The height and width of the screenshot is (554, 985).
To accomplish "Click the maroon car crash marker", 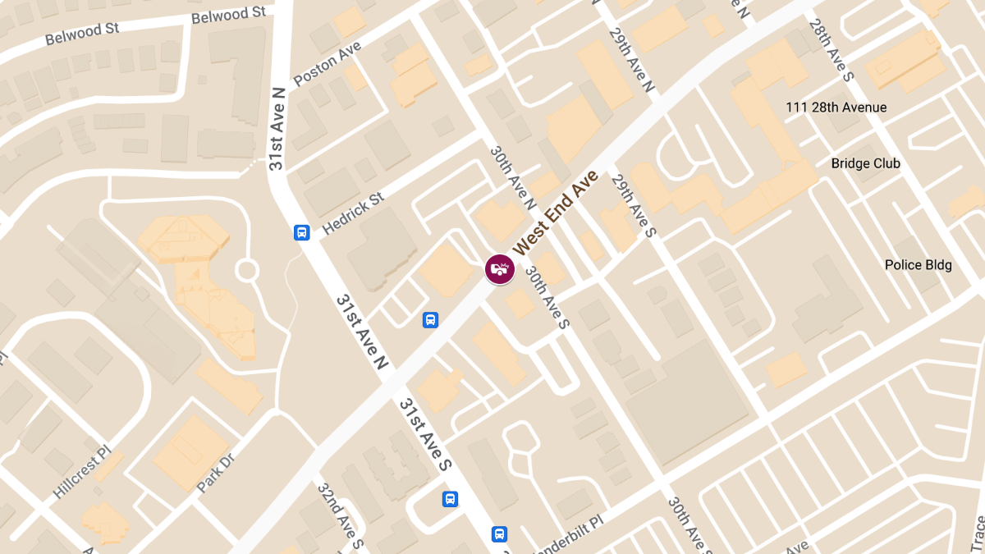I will (499, 268).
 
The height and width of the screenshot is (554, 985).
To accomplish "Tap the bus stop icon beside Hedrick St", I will (302, 232).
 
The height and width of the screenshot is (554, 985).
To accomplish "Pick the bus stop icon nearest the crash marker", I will (429, 320).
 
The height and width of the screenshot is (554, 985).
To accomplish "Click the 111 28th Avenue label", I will (836, 108).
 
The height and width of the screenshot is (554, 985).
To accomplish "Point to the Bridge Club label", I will (865, 163).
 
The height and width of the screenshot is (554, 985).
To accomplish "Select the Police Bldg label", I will (918, 265).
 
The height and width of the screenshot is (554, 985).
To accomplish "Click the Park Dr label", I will (216, 474).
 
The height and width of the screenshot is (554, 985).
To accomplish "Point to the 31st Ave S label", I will (425, 435).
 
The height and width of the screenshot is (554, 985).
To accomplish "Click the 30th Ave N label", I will (513, 177).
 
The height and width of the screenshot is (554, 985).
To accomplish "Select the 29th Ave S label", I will (633, 209).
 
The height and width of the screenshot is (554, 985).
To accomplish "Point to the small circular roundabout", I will (246, 270).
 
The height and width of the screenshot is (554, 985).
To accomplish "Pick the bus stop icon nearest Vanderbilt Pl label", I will (499, 534).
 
